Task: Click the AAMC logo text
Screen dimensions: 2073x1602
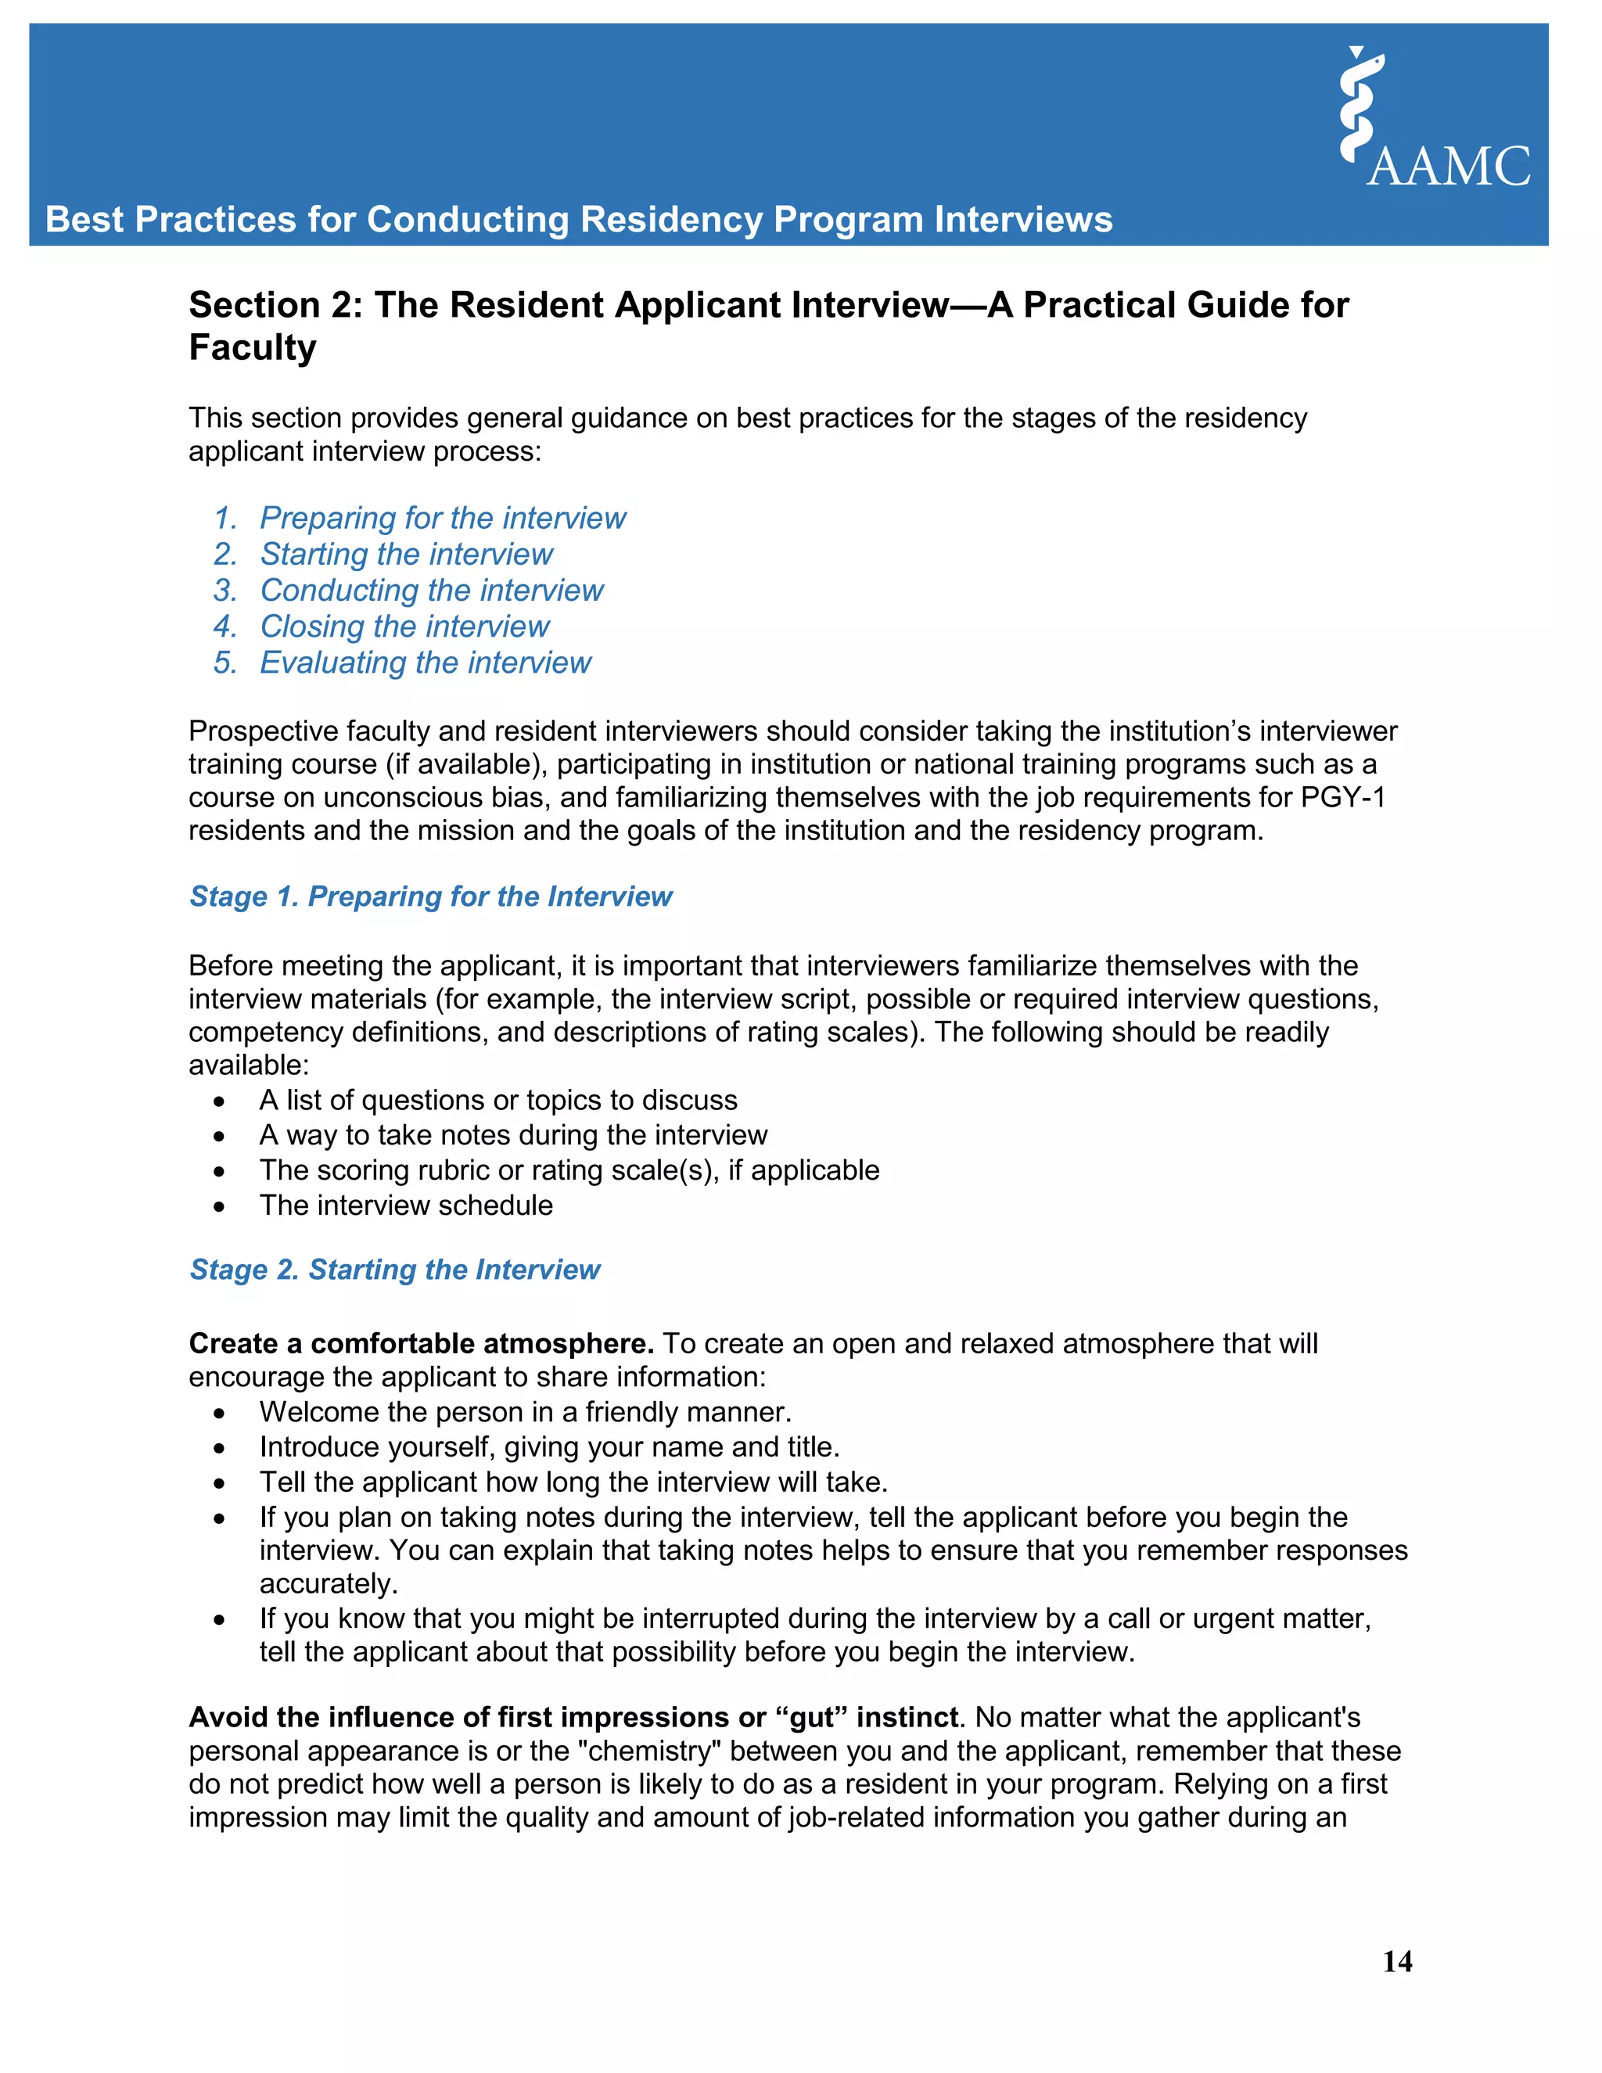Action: pyautogui.click(x=1448, y=167)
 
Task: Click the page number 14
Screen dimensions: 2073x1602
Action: pyautogui.click(x=1397, y=1961)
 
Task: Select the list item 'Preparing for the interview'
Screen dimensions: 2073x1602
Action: pyautogui.click(x=442, y=518)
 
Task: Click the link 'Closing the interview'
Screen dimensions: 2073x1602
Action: pyautogui.click(x=404, y=627)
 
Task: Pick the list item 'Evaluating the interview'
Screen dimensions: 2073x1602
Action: pyautogui.click(x=426, y=663)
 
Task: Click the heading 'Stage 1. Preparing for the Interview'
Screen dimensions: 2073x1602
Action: pyautogui.click(x=431, y=896)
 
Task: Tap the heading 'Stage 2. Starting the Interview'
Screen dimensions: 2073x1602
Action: pyautogui.click(x=395, y=1269)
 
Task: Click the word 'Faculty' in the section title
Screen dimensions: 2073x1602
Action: pyautogui.click(x=253, y=347)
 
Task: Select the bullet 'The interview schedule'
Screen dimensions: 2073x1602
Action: pyautogui.click(x=406, y=1205)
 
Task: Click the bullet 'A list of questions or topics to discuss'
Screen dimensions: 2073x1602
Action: pyautogui.click(x=498, y=1100)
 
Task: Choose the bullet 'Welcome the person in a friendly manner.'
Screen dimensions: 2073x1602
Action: pyautogui.click(x=526, y=1412)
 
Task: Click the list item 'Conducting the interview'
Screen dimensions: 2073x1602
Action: pyautogui.click(x=432, y=591)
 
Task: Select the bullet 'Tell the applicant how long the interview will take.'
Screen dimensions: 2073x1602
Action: pyautogui.click(x=573, y=1482)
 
